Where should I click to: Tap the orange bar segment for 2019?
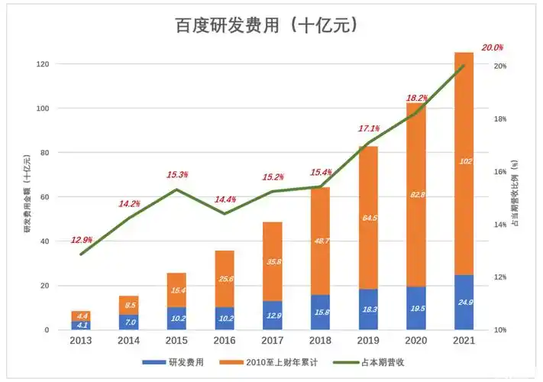point(368,218)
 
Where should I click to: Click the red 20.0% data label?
point(492,47)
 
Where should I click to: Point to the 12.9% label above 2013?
point(82,240)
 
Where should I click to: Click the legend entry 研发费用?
point(183,361)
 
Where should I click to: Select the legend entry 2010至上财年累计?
point(275,361)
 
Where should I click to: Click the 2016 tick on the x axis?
point(225,342)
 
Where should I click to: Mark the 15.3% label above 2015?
point(177,175)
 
